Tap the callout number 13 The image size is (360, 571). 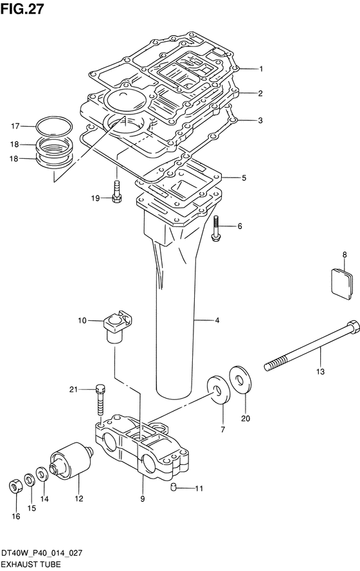(x=320, y=372)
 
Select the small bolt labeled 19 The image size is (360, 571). (x=116, y=191)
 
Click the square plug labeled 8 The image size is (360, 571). (x=342, y=284)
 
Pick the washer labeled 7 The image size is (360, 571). (x=219, y=390)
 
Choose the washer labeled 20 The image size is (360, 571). (x=240, y=380)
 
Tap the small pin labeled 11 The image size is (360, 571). (x=174, y=487)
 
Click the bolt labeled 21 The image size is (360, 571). (x=101, y=399)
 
